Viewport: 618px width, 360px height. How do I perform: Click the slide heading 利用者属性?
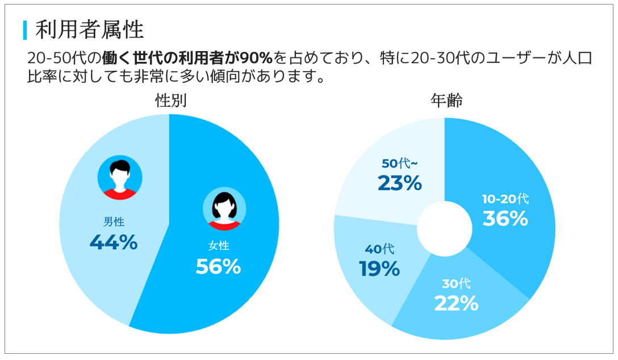click(89, 30)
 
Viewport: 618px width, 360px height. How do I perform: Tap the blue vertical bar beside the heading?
click(25, 30)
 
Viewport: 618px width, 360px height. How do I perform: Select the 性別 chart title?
click(171, 101)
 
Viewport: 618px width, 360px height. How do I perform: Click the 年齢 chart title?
click(446, 101)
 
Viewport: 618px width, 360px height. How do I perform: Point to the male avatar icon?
click(119, 178)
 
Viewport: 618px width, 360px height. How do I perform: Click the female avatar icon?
click(224, 208)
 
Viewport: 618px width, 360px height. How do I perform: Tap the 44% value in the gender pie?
click(114, 242)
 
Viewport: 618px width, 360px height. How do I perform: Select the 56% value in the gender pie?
click(219, 266)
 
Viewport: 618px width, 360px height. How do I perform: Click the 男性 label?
click(114, 221)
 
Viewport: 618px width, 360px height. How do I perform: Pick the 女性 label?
click(219, 246)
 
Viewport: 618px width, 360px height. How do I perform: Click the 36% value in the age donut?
click(506, 219)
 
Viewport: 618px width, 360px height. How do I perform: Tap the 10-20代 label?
click(506, 199)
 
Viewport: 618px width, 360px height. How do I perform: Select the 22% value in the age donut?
click(456, 303)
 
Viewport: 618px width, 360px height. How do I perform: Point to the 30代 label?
click(456, 284)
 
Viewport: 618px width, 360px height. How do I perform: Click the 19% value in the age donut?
click(379, 269)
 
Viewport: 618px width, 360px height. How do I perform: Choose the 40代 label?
click(379, 249)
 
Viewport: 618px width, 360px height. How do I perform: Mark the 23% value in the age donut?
click(400, 183)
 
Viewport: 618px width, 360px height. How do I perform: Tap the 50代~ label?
click(400, 164)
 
